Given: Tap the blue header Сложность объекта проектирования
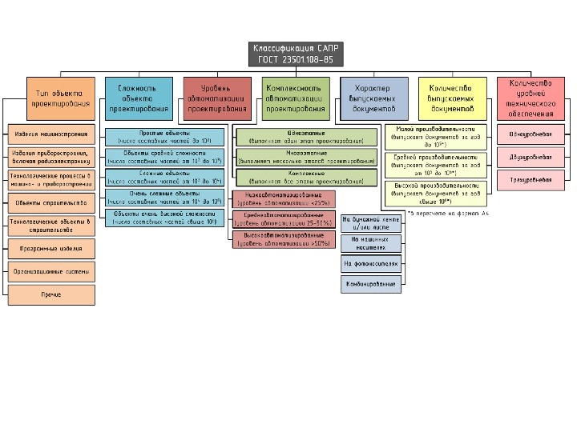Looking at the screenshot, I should coord(138,98).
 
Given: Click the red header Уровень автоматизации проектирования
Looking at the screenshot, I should coord(216,98).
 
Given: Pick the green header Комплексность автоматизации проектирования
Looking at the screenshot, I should coord(295,98).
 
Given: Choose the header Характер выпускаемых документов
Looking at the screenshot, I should coord(373,98).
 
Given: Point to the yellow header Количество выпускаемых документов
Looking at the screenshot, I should coord(452,98).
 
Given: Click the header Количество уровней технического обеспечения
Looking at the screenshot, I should coord(531,98).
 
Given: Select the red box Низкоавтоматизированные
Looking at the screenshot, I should coord(284,197).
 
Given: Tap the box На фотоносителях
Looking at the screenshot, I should coord(370,262).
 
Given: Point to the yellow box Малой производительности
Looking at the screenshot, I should coord(436,133).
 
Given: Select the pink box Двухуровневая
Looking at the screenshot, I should coord(531,157).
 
